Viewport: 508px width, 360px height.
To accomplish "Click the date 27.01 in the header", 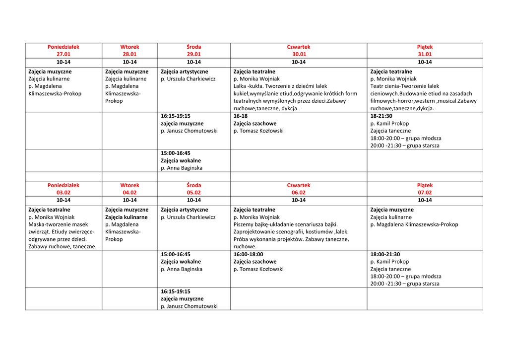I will click(63, 55).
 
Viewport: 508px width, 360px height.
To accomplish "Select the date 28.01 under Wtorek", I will click(129, 55).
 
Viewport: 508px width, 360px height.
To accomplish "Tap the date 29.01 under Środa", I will click(193, 55).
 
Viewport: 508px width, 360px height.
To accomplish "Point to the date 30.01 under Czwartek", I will click(299, 55).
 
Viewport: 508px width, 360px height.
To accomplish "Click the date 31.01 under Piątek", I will click(425, 55).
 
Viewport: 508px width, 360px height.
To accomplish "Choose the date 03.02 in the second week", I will click(63, 193).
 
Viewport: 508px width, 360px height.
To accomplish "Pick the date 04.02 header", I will click(129, 193).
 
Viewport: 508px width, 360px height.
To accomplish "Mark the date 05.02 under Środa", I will click(193, 193).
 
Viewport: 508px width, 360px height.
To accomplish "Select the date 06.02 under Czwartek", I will click(299, 193).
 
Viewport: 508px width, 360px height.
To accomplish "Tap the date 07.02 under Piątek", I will click(425, 193).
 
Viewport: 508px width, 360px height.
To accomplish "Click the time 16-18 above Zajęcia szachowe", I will click(240, 116).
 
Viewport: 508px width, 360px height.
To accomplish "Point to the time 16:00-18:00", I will click(248, 254).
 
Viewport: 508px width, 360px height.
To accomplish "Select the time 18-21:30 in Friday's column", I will click(381, 116).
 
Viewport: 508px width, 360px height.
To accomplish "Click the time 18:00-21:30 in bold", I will click(385, 254).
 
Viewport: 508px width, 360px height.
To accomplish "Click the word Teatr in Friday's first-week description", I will click(378, 86).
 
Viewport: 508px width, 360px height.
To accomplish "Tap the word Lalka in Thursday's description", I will click(240, 86).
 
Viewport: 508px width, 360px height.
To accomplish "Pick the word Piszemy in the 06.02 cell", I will click(244, 224).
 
